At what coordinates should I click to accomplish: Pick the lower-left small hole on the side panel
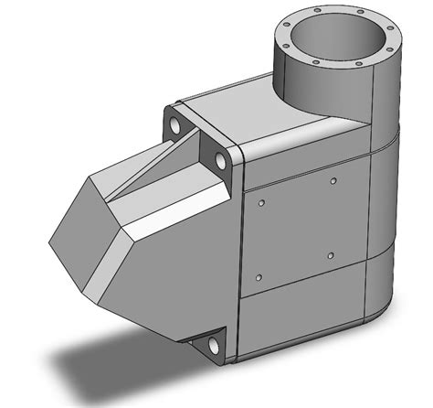coord(259,276)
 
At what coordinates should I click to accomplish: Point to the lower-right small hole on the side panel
coord(330,256)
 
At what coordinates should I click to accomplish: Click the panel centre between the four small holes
coord(297,229)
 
